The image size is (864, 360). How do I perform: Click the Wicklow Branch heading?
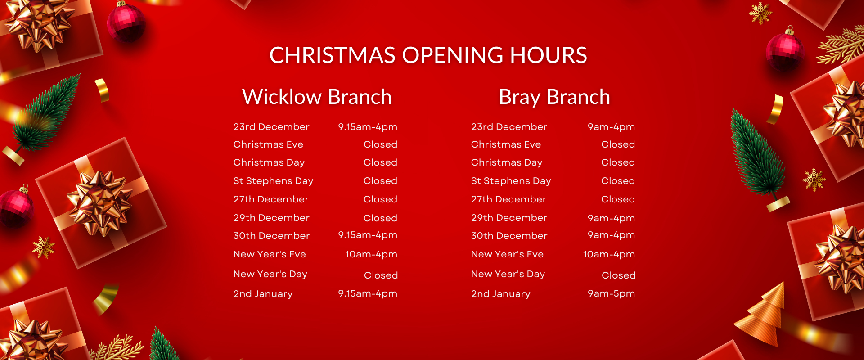click(317, 97)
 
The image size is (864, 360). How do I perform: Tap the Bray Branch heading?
click(554, 97)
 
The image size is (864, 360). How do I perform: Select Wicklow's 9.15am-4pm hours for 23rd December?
click(368, 127)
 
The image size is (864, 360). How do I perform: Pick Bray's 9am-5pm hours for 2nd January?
click(611, 293)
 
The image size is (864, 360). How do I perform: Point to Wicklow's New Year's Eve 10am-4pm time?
click(371, 254)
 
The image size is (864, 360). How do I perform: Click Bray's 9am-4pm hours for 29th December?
click(611, 218)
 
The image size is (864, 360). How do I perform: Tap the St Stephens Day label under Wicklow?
click(273, 181)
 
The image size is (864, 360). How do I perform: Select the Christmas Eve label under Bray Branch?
click(506, 144)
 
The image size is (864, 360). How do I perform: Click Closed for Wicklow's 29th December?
click(380, 218)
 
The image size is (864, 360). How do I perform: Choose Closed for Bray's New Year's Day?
click(619, 275)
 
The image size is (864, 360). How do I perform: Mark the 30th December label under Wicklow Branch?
click(271, 236)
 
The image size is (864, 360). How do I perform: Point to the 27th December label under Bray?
click(508, 199)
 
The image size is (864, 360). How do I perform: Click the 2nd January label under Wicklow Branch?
click(263, 294)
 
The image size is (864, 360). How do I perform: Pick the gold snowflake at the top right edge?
click(760, 13)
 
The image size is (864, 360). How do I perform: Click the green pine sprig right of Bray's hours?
click(758, 157)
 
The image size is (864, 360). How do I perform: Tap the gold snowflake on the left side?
click(44, 247)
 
